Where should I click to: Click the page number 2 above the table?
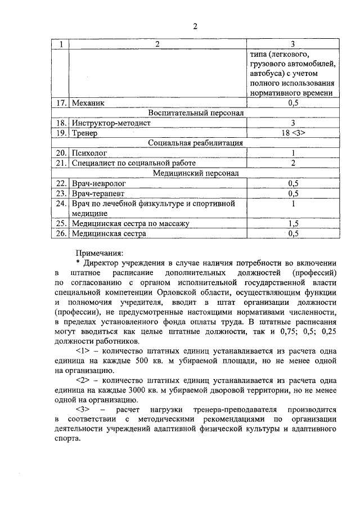click(x=195, y=26)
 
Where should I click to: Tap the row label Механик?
click(x=88, y=103)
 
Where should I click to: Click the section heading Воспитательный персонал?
click(x=196, y=113)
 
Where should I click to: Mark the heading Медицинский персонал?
click(x=196, y=173)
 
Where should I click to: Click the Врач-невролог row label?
click(x=99, y=183)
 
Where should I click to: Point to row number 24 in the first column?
click(x=62, y=203)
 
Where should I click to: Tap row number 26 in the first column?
click(x=62, y=233)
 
